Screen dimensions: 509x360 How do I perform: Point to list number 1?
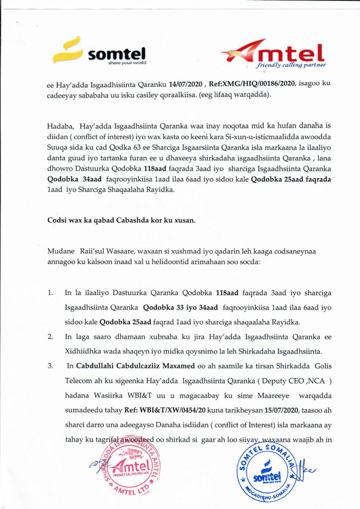point(50,293)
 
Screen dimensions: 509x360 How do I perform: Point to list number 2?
point(50,337)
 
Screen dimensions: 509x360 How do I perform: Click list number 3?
point(50,365)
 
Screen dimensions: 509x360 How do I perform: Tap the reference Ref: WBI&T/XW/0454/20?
point(159,411)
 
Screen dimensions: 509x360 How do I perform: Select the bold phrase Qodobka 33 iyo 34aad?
point(180,307)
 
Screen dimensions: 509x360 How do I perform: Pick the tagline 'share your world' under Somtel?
point(127,63)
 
